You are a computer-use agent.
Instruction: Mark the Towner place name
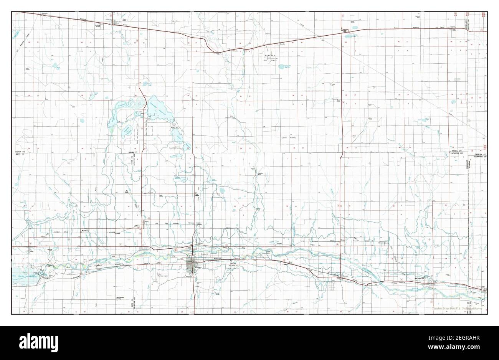(x=453, y=27)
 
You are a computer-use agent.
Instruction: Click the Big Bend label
(x=127, y=190)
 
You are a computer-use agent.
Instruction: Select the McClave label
(x=82, y=231)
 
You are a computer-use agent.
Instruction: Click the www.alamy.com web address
(x=466, y=348)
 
